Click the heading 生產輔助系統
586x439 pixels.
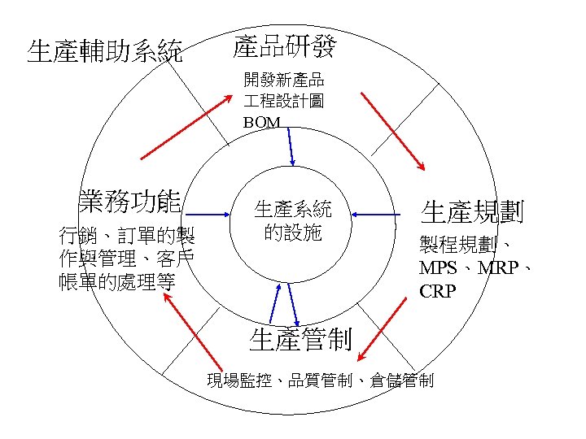105,51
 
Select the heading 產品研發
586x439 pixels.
283,46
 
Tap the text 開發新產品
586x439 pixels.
284,80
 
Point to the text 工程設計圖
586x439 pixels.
284,101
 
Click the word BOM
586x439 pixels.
261,123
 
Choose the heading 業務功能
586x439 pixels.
129,199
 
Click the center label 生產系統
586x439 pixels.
293,208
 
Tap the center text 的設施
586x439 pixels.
293,233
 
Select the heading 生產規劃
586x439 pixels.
472,213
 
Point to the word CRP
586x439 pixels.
438,290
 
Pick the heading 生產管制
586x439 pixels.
300,339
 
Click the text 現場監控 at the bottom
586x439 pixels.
235,380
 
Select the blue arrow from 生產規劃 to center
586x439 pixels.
380,214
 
